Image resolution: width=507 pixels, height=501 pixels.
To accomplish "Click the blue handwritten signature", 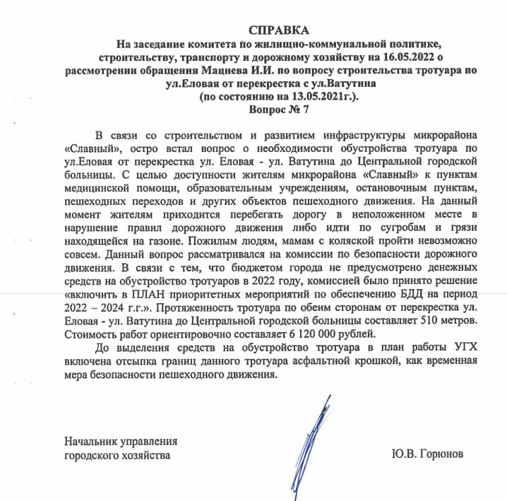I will (311, 431).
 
